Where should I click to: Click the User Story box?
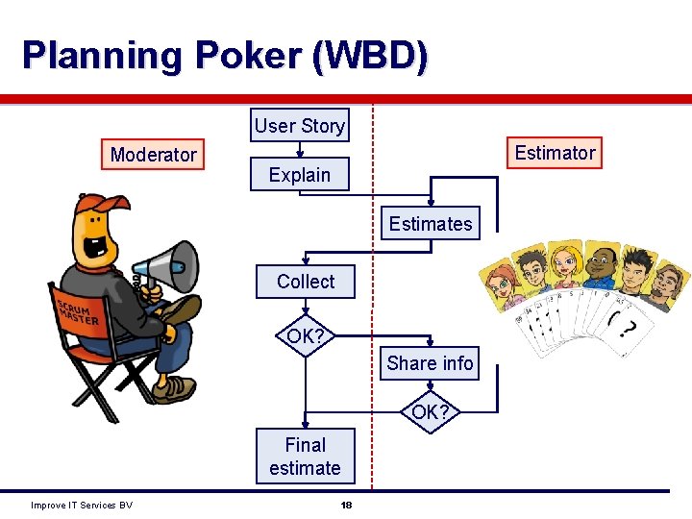click(299, 126)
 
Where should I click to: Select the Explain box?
click(299, 175)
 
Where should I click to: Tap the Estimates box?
click(430, 224)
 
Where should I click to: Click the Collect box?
click(306, 282)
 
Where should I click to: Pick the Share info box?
click(430, 363)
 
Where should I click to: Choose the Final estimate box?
click(305, 457)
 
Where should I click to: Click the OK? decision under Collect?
click(305, 336)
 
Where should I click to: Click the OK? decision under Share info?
click(430, 413)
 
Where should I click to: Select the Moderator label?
click(153, 155)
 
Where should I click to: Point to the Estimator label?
click(555, 153)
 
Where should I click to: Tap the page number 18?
click(346, 506)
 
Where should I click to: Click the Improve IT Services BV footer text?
click(82, 506)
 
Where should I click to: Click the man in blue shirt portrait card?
click(600, 265)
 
